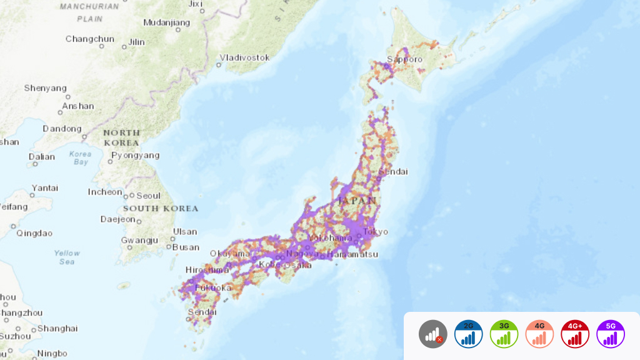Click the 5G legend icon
click(611, 334)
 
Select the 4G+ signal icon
click(575, 334)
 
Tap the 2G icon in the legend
click(469, 334)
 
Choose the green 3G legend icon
click(504, 334)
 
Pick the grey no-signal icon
click(433, 334)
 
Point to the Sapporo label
click(405, 59)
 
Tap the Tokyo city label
click(376, 231)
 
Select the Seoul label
click(148, 196)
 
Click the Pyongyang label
click(136, 155)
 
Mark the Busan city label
click(186, 247)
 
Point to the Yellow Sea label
click(67, 257)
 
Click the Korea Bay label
click(81, 157)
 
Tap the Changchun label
click(90, 39)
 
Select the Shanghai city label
click(57, 328)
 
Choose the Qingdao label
click(34, 233)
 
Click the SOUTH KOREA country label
click(161, 208)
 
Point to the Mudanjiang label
click(166, 22)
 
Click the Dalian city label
click(41, 157)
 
